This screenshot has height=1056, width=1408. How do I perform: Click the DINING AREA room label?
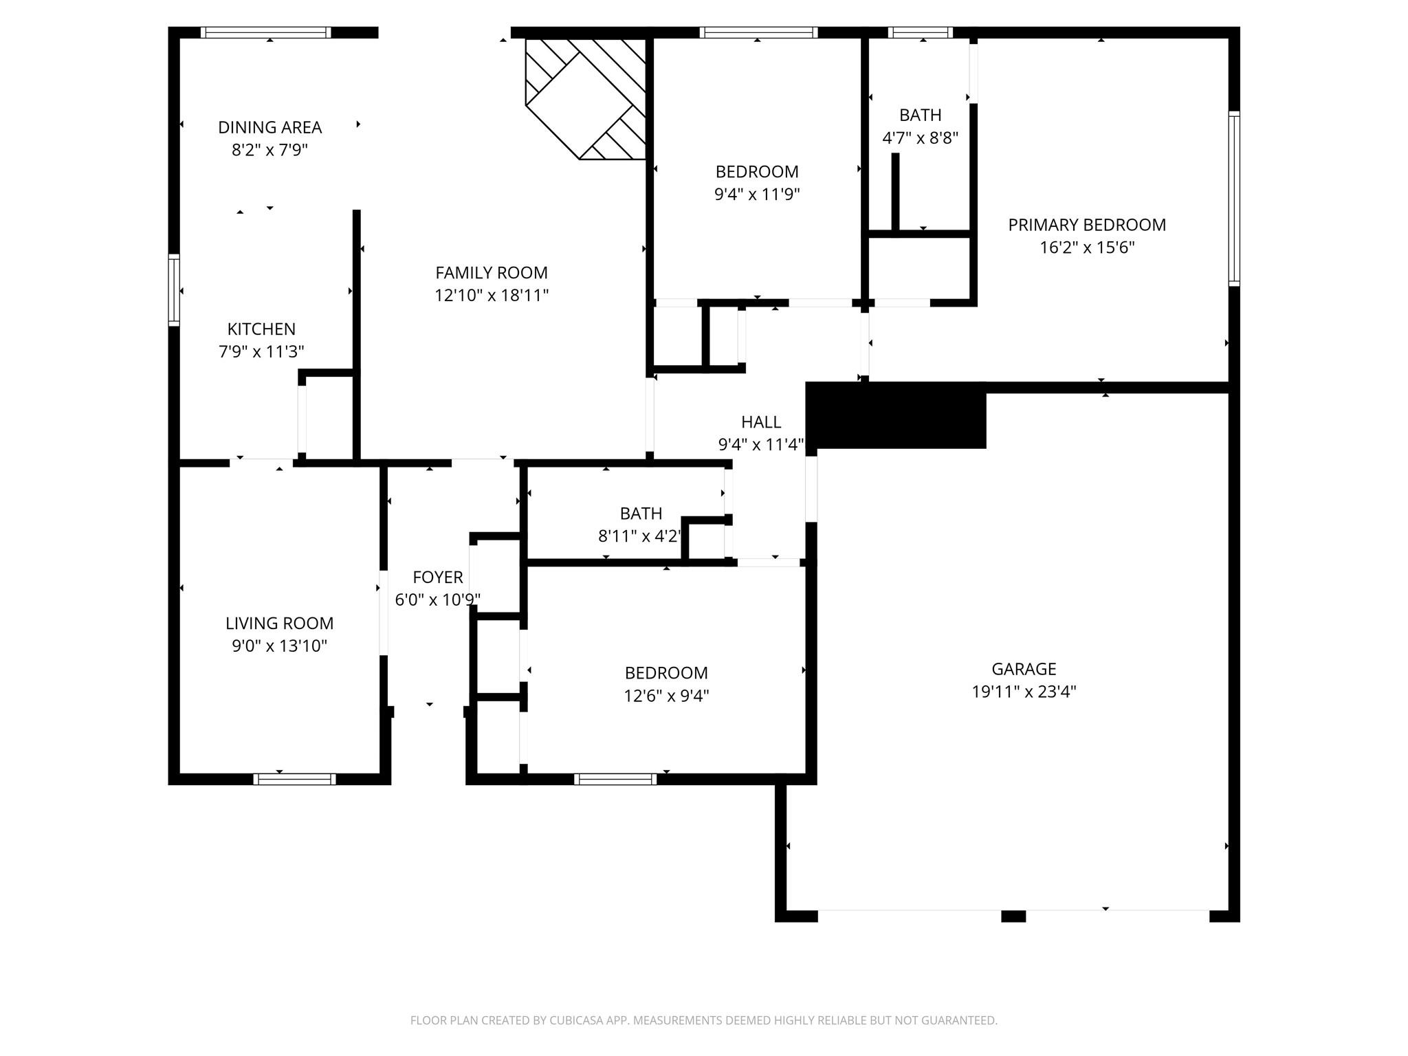click(x=269, y=127)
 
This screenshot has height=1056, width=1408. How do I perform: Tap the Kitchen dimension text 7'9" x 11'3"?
click(x=261, y=352)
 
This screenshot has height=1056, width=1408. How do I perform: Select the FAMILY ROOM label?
click(x=492, y=273)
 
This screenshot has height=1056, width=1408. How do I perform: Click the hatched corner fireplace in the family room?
click(x=586, y=98)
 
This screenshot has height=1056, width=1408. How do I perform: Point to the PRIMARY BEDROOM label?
click(x=1087, y=225)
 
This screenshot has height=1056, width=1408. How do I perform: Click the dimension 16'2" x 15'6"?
click(x=1087, y=247)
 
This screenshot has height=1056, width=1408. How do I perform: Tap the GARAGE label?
click(x=1024, y=669)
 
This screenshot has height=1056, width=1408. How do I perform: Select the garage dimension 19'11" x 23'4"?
click(x=1024, y=692)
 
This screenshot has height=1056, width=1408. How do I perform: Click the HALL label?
click(x=761, y=422)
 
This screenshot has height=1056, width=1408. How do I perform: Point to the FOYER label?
click(x=438, y=577)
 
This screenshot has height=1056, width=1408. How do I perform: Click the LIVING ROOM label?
click(x=279, y=624)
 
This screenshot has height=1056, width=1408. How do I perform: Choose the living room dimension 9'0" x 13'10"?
click(x=279, y=646)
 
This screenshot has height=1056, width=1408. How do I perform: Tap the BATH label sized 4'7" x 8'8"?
click(x=921, y=115)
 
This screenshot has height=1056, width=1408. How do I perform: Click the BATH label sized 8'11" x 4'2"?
click(x=641, y=514)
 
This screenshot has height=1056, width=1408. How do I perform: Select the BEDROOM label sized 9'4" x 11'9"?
click(x=757, y=172)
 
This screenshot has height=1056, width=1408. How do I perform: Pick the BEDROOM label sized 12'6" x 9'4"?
click(x=666, y=673)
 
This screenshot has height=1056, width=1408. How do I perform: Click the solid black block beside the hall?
click(x=896, y=415)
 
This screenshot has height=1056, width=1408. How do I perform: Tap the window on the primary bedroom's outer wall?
click(x=1234, y=198)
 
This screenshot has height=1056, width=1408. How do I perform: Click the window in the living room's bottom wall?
click(x=294, y=779)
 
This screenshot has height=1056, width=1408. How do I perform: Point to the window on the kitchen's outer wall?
click(x=174, y=289)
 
